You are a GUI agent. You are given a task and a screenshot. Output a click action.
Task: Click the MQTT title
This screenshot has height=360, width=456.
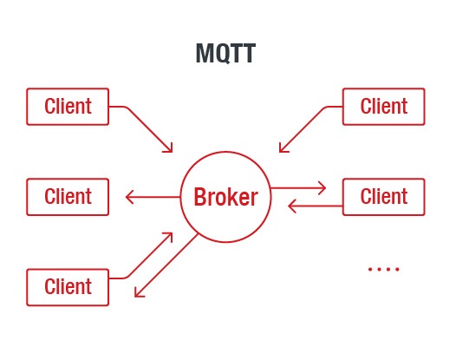pos(225,54)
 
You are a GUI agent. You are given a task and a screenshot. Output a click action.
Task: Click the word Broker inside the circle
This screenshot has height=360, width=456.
pos(225,197)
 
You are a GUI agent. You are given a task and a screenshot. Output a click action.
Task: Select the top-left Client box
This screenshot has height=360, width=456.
pos(68,107)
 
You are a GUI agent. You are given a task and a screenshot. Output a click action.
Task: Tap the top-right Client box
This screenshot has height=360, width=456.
pos(384,107)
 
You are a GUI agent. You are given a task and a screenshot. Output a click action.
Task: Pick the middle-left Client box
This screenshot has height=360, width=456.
pos(68,196)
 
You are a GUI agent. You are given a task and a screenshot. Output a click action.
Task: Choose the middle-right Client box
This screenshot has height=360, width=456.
pos(384,196)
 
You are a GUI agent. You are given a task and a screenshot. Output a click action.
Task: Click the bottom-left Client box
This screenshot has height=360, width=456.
pos(68,287)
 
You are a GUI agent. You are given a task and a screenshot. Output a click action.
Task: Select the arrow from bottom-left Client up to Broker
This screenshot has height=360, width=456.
pos(149,257)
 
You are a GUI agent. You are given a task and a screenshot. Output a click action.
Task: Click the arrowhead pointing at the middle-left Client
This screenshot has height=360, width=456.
pos(131,197)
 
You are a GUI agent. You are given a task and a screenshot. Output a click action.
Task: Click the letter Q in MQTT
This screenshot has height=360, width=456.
pos(218,54)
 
